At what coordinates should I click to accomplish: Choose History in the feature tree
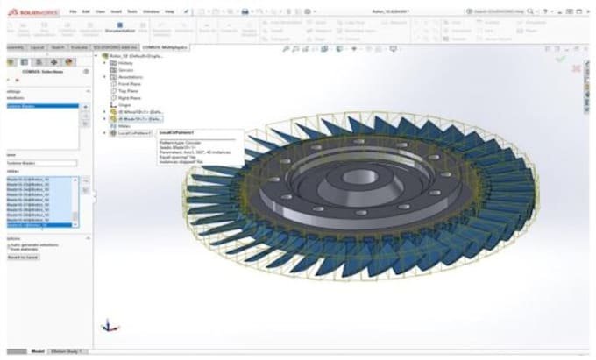point(126,63)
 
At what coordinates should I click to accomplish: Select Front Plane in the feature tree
point(131,84)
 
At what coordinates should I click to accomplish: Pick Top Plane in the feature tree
point(129,91)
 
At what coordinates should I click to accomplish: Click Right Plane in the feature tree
point(131,98)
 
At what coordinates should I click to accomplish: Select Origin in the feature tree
point(125,105)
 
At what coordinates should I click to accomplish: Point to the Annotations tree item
point(132,77)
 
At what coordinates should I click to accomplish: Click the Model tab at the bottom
point(38,351)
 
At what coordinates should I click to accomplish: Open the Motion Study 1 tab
point(67,351)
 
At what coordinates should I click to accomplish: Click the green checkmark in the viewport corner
point(561,60)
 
